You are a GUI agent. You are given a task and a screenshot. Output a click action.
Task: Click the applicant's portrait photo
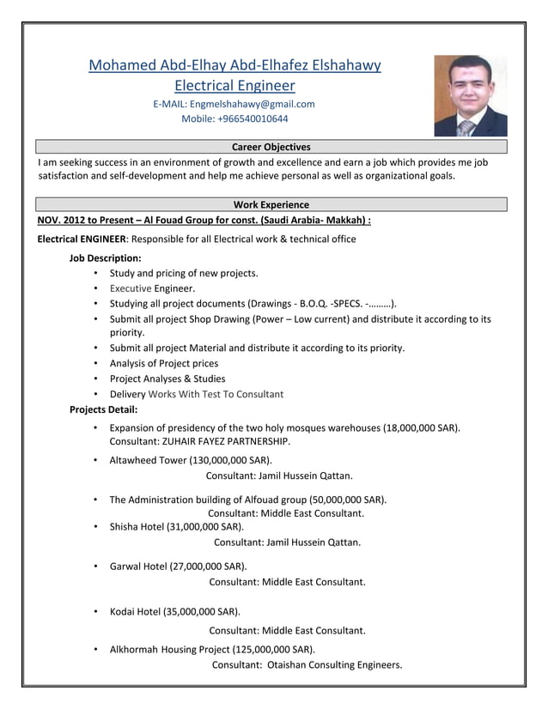click(x=470, y=96)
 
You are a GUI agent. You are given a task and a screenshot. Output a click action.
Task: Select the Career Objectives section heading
click(x=271, y=148)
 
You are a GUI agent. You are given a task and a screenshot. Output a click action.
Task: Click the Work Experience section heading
click(x=271, y=204)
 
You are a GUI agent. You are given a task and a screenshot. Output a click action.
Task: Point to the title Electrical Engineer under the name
click(x=234, y=85)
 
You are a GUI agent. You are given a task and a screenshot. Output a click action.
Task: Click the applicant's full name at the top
click(x=234, y=65)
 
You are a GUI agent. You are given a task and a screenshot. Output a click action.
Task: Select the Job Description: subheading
click(x=105, y=258)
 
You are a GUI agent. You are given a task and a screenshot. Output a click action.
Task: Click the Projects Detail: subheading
click(x=103, y=409)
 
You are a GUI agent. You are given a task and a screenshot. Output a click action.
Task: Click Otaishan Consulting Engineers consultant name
click(x=334, y=664)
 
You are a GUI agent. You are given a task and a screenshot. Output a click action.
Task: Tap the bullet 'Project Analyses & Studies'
click(x=167, y=379)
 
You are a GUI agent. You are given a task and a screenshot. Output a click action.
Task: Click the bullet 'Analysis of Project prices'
click(x=164, y=363)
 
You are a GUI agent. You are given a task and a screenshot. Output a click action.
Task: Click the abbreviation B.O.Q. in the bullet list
click(x=314, y=304)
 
